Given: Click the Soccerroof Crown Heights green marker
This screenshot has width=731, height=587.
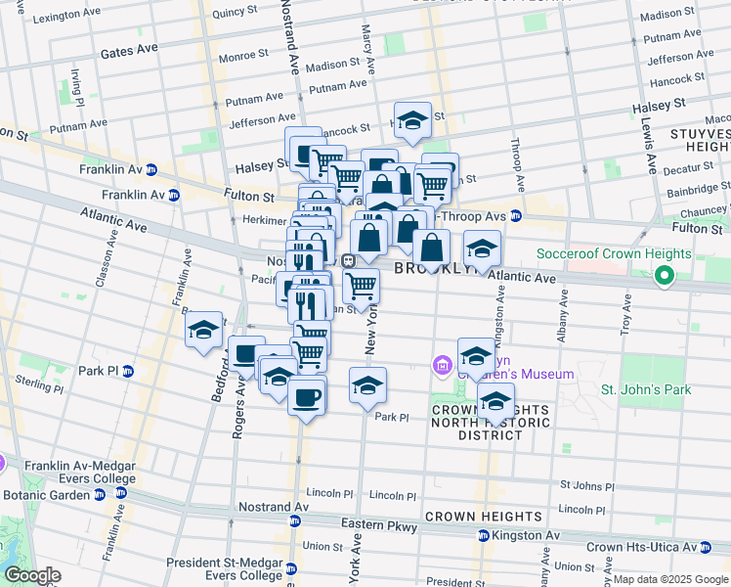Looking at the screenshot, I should tap(665, 277).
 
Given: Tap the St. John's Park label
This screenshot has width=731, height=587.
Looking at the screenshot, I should tap(645, 389).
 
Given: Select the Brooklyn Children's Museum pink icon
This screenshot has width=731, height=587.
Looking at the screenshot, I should tap(442, 366).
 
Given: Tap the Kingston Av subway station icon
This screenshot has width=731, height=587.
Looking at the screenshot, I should tap(483, 536).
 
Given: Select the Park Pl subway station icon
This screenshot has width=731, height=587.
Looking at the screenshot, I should tap(128, 371).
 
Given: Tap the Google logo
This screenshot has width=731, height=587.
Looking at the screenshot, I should tap(31, 575).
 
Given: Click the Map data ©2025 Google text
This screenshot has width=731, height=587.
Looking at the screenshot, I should tap(670, 579).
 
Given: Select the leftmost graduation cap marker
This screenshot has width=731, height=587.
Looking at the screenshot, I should tap(203, 329).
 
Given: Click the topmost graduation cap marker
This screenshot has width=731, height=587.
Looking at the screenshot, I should tap(412, 119).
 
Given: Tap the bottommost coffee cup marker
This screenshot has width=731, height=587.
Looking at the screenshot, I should tap(306, 397).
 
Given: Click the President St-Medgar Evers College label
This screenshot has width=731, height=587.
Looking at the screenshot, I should tap(226, 568).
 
